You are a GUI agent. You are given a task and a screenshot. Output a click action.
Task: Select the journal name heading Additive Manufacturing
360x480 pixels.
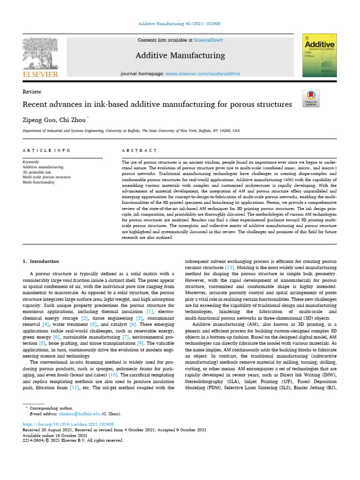tap(180, 56)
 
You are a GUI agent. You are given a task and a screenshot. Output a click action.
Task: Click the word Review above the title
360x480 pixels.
tap(32, 92)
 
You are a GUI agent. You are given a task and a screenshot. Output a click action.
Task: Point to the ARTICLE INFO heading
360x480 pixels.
tap(46, 150)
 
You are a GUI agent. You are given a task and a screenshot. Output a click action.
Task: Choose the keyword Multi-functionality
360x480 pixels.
tap(39, 182)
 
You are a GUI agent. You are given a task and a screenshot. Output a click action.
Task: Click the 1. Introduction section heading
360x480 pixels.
tap(41, 261)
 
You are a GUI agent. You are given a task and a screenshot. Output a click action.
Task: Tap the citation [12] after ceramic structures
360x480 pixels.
tap(230, 267)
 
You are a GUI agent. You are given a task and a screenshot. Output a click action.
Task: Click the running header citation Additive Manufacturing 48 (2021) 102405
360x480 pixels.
tap(180, 23)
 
